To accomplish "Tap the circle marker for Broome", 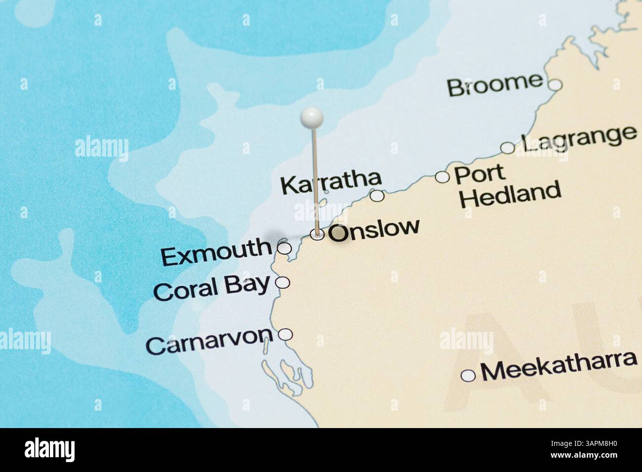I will point(556,85).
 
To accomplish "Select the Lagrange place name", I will point(579,139).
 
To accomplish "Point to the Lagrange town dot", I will point(507,148).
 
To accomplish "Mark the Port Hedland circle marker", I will point(442,177).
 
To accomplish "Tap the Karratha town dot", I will point(377,196).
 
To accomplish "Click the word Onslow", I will point(374,230).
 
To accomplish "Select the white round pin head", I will point(312,117).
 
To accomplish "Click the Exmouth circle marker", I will point(284,248).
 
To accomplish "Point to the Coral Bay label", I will point(212,288).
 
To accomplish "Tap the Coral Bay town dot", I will point(282,282).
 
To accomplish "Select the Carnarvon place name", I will point(209,340).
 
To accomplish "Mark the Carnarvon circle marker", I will point(285,335).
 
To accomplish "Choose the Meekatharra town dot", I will point(468,376).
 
